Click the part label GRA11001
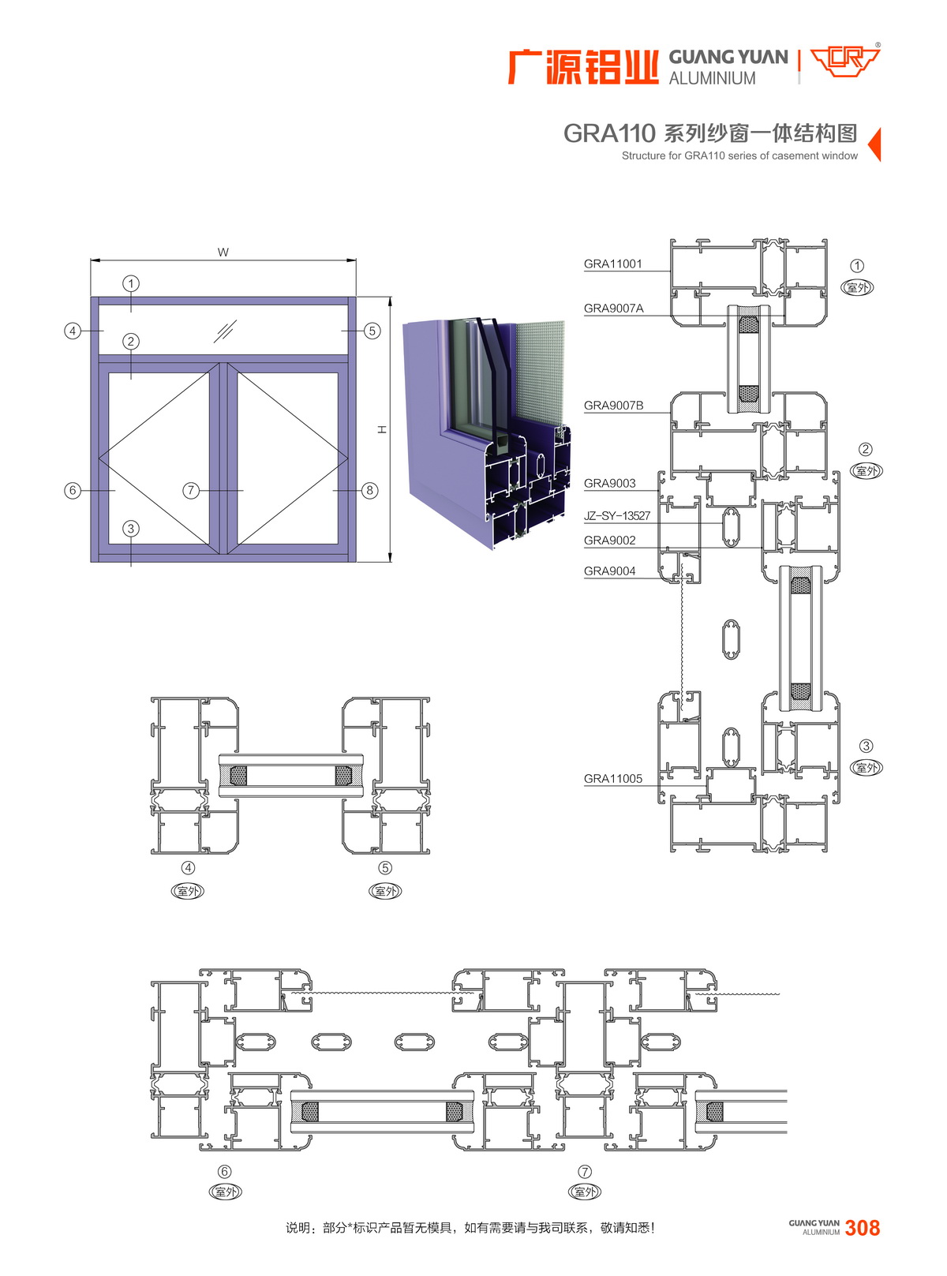612,264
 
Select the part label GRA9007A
613,309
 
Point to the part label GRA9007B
613,406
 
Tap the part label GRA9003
609,483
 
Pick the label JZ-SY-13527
617,516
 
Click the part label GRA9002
609,541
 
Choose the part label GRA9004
609,571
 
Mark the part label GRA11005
612,779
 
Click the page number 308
862,1228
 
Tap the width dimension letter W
223,252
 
